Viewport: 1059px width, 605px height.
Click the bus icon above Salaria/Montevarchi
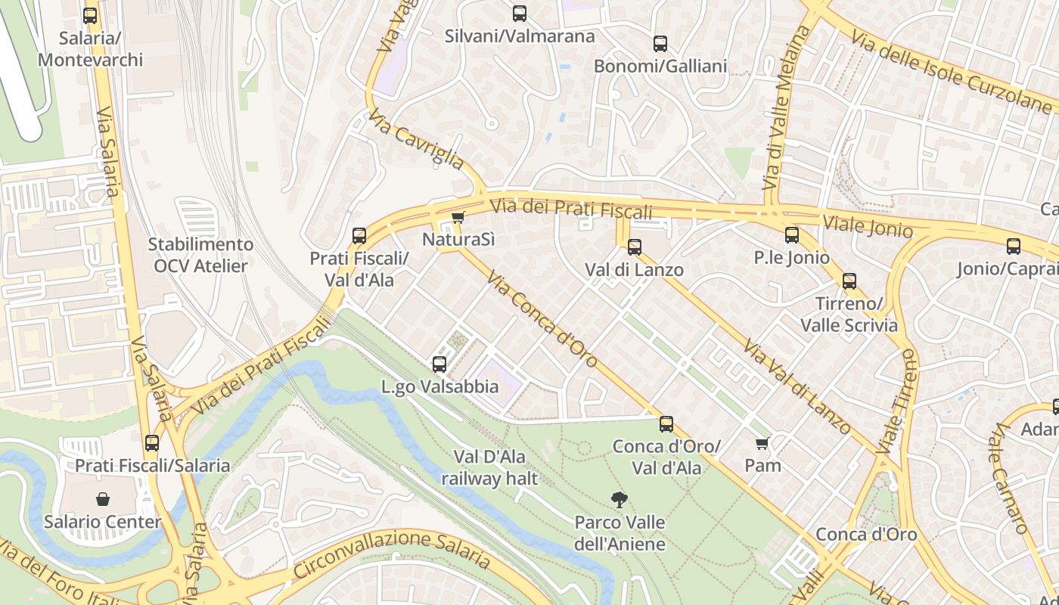click(x=90, y=15)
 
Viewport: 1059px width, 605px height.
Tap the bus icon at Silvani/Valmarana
click(x=519, y=13)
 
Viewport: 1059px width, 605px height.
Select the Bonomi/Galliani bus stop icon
click(x=660, y=43)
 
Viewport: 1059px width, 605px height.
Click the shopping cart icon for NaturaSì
click(x=458, y=218)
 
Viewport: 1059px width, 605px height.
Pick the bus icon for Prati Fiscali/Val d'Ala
click(x=359, y=235)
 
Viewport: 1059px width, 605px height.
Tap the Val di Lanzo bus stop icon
click(x=635, y=247)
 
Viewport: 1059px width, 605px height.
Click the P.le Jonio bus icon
click(x=792, y=234)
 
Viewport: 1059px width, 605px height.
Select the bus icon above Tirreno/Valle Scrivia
click(x=849, y=281)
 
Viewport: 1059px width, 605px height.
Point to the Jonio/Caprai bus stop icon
click(x=1014, y=246)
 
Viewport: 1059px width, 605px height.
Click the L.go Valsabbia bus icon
click(x=439, y=364)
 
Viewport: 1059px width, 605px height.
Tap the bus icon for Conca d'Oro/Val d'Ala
click(x=666, y=423)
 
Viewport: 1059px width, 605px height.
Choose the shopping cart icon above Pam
click(x=762, y=442)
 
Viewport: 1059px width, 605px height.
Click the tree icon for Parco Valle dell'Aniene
click(x=620, y=499)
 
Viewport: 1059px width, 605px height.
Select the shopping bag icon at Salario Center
click(x=103, y=499)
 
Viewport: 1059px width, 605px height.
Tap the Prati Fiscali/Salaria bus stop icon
click(x=152, y=442)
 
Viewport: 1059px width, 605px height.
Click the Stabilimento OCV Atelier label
click(x=200, y=255)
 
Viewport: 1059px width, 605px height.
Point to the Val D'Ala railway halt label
click(x=489, y=467)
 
